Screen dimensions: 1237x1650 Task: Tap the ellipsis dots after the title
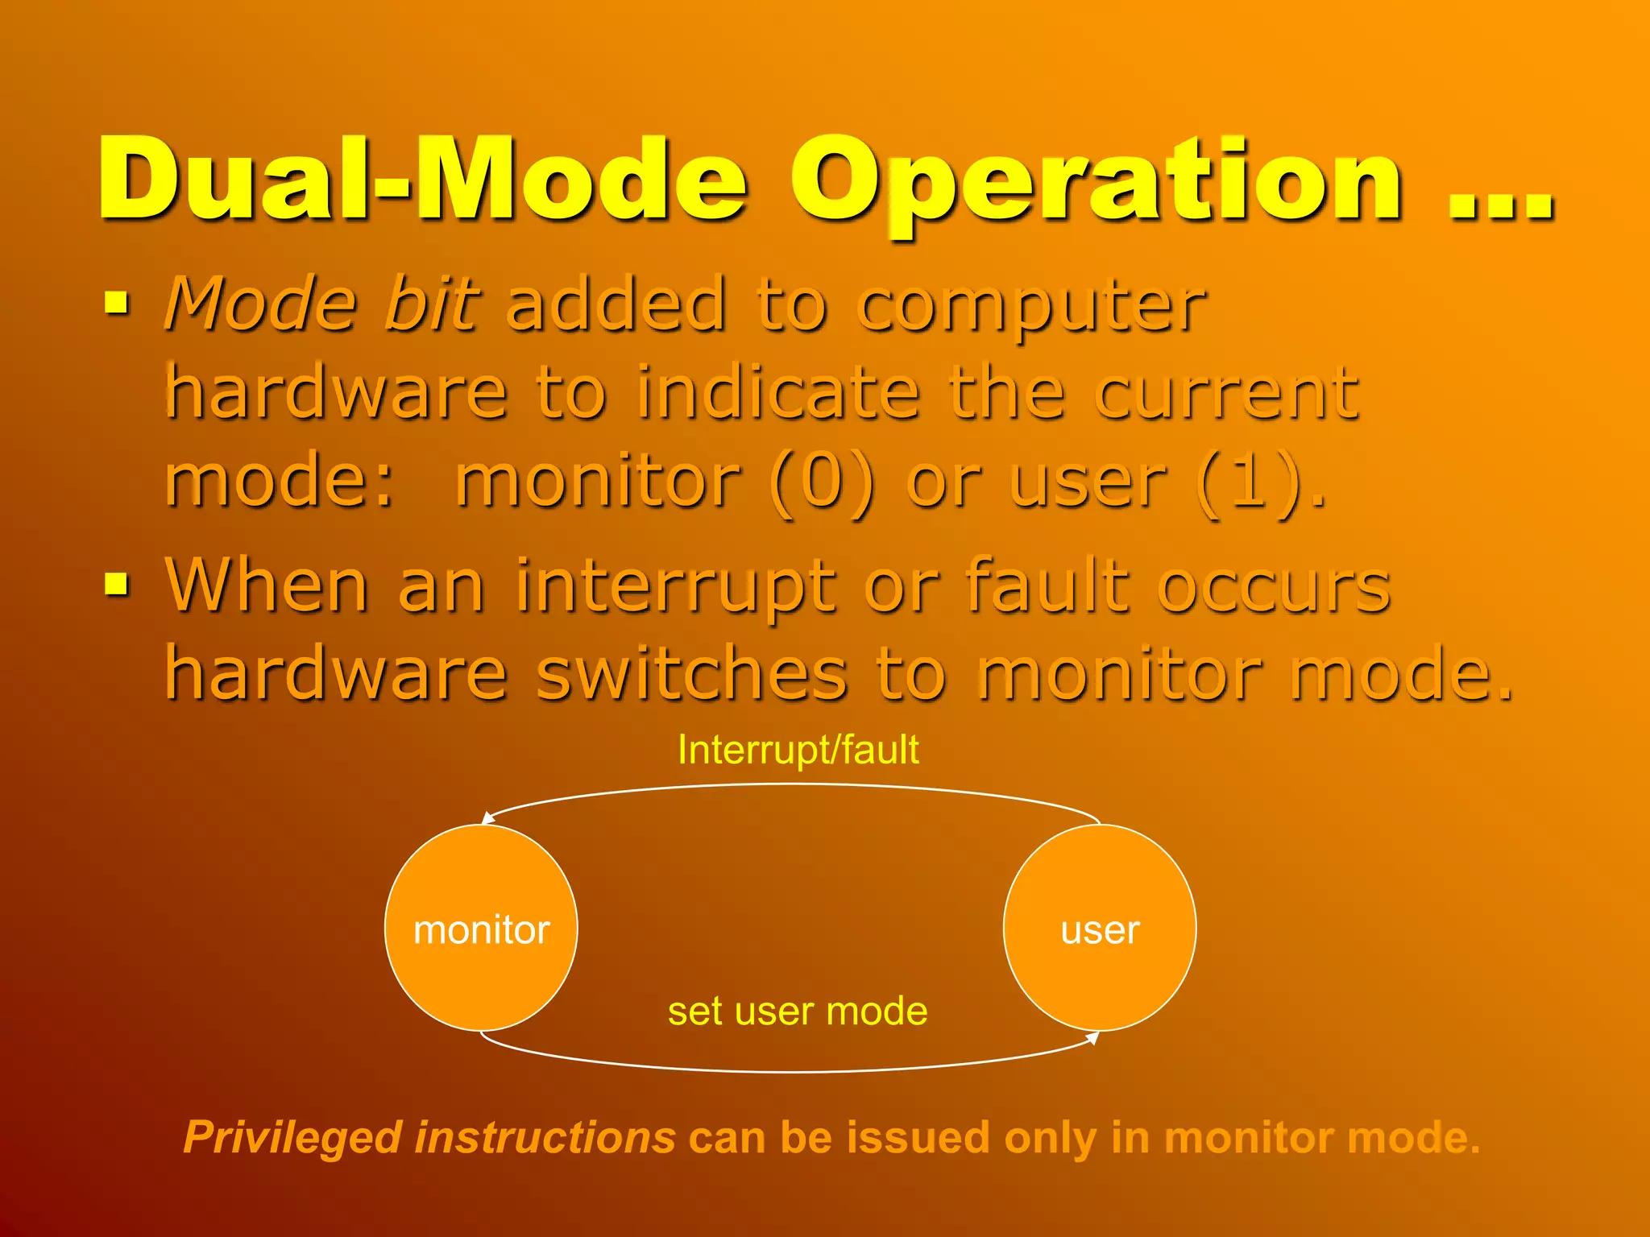coord(1500,206)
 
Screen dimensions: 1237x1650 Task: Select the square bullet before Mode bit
coord(117,304)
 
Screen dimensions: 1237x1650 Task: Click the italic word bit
coord(432,304)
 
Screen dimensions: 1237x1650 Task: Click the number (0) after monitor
coord(822,482)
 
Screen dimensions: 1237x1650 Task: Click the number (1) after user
coord(1249,482)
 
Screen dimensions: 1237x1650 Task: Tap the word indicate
coord(778,393)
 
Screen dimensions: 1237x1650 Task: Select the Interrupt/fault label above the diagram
coord(798,750)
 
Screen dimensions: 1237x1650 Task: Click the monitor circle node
coord(481,929)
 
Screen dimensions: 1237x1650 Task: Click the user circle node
coord(1100,929)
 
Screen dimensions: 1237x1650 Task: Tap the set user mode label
coord(798,1011)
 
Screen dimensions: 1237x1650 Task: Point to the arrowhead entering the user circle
coord(1093,1038)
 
